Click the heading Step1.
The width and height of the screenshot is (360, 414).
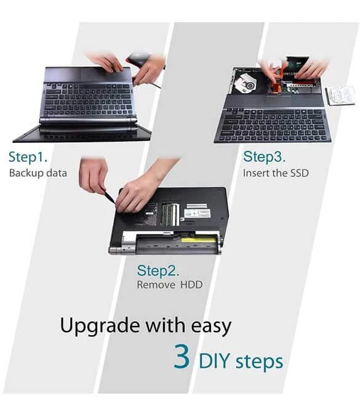tap(28, 157)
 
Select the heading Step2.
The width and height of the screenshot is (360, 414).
tap(158, 270)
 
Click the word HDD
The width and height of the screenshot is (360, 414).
tap(191, 285)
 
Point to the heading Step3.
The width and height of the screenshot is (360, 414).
tap(264, 157)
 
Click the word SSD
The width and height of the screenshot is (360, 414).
tap(299, 173)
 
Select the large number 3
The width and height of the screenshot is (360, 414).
tap(182, 357)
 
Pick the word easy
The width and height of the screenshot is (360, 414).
tap(211, 327)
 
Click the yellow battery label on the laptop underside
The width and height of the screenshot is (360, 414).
tap(198, 240)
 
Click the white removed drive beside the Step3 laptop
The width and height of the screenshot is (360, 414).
tap(342, 95)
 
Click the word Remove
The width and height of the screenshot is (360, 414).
tap(156, 285)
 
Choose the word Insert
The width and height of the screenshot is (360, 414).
tap(255, 173)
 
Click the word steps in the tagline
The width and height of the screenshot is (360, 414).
tap(260, 362)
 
